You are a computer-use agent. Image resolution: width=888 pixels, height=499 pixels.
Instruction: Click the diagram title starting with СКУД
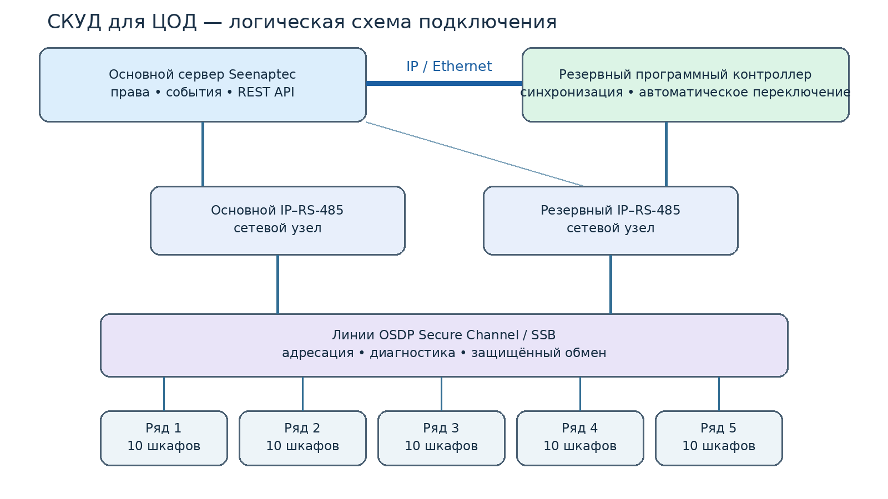point(302,22)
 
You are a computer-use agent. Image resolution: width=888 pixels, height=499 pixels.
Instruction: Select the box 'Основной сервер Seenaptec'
point(203,85)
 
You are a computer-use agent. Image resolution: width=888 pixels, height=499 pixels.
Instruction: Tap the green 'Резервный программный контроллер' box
point(685,85)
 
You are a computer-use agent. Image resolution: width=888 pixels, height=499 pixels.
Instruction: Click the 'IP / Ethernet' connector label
point(449,66)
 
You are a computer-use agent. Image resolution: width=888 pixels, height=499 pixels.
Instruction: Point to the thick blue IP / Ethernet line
point(444,83)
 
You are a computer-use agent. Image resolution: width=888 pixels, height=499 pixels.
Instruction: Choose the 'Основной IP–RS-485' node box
point(277,221)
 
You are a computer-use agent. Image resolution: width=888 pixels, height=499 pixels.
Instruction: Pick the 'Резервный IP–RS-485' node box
point(610,221)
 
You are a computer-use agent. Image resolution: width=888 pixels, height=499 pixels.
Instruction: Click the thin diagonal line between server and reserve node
point(475,154)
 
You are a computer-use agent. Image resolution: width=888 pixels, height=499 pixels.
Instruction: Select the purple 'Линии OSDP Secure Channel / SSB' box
point(444,345)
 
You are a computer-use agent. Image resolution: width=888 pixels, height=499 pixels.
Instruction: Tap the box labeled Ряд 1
point(164,438)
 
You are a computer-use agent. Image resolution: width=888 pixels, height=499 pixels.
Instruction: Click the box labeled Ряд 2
point(302,438)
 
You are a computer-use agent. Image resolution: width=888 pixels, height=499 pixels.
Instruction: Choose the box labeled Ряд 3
point(441,438)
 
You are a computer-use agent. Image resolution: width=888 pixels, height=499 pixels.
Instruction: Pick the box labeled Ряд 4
point(580,438)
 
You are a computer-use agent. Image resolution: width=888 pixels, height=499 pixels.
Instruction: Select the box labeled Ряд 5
point(719,438)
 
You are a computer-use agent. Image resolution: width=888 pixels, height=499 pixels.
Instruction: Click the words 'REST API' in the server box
point(266,92)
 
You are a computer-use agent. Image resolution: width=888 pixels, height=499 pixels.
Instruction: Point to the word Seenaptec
point(262,75)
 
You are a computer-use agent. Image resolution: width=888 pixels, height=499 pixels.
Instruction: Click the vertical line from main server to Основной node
point(203,154)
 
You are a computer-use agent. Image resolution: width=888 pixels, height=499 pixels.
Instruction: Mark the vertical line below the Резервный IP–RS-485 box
point(610,284)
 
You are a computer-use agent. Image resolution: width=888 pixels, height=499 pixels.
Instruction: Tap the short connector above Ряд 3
point(441,394)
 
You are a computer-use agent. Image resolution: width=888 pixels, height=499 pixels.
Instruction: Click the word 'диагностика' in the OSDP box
point(412,353)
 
